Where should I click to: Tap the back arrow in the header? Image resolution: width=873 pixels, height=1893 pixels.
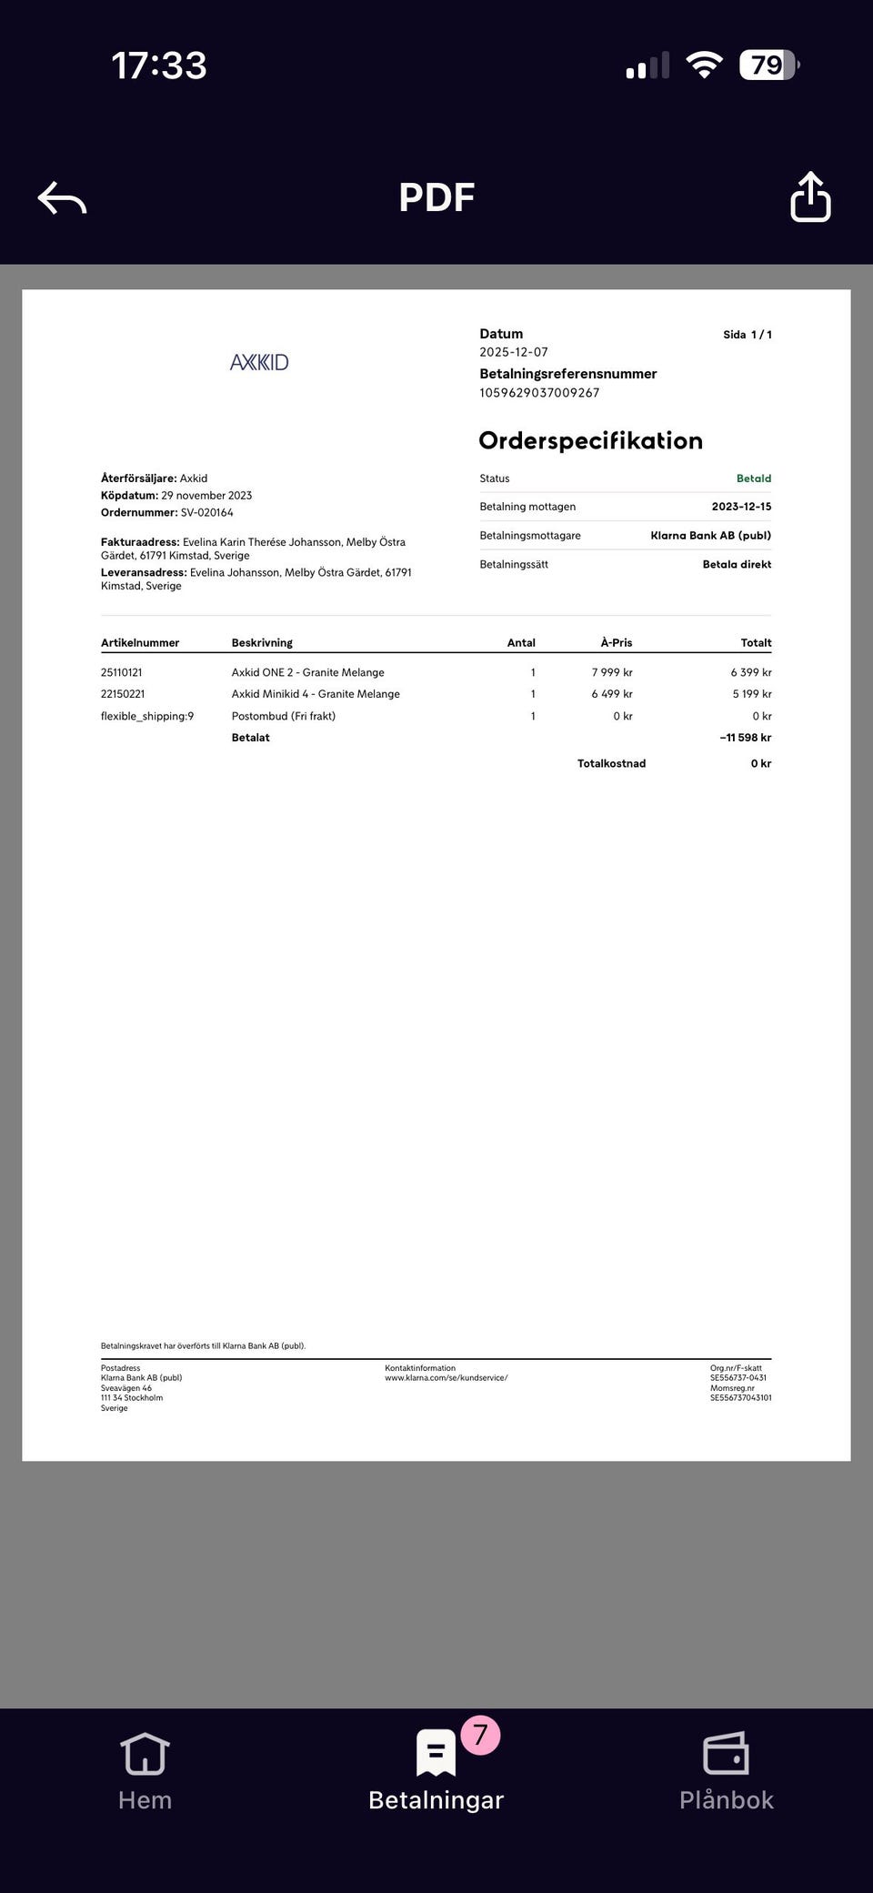[x=62, y=197]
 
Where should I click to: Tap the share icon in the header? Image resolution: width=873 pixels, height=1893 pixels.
[x=810, y=196]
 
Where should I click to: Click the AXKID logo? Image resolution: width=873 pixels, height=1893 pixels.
[x=259, y=362]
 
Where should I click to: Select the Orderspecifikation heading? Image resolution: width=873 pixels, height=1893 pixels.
[x=590, y=440]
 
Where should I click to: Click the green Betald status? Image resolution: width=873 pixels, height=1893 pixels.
[x=753, y=478]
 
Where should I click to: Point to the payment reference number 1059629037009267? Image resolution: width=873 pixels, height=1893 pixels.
[x=539, y=393]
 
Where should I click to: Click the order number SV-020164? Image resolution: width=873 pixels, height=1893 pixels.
[x=206, y=513]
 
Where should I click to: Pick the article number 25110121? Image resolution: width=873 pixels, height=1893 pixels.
[x=122, y=672]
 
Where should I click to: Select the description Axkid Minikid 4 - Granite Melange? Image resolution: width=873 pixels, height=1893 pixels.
[x=316, y=694]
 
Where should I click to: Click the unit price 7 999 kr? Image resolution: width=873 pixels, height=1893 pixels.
[x=611, y=672]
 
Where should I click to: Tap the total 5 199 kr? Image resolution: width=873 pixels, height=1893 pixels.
[x=751, y=694]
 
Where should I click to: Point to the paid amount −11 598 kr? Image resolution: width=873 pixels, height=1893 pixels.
[x=745, y=738]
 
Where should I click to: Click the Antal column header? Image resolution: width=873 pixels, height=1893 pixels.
[x=521, y=642]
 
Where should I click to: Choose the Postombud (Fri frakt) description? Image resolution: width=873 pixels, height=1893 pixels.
[x=284, y=716]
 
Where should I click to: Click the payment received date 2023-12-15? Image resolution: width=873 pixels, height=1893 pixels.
[x=741, y=507]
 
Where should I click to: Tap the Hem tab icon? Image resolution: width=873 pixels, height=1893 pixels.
[x=145, y=1753]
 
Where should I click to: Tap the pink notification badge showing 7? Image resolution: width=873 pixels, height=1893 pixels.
[x=480, y=1735]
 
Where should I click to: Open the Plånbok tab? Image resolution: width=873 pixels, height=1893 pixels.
[x=726, y=1770]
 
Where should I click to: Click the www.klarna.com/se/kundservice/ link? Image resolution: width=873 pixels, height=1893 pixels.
[x=446, y=1377]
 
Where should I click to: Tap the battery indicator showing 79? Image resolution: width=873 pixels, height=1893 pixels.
[x=768, y=65]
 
